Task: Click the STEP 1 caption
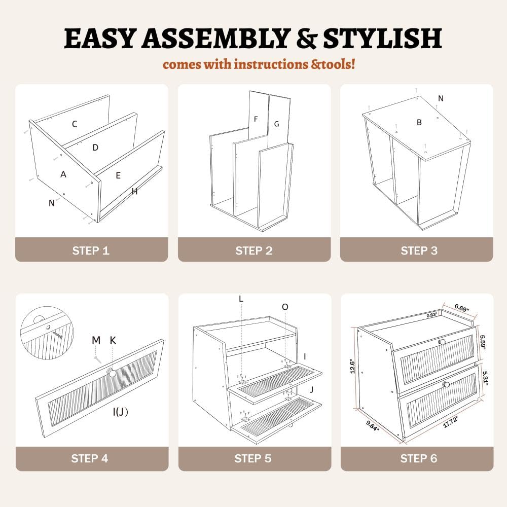[91, 250]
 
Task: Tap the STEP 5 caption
[253, 458]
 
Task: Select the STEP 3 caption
[419, 250]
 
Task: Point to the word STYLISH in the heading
[382, 38]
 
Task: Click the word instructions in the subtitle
[271, 64]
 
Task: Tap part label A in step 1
[63, 174]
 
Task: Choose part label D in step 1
[95, 148]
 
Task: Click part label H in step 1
[134, 192]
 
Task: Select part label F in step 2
[256, 119]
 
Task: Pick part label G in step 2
[276, 124]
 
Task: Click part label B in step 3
[419, 122]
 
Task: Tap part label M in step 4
[96, 340]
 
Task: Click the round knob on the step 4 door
[112, 373]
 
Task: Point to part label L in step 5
[241, 299]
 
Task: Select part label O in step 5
[285, 307]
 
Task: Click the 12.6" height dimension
[353, 367]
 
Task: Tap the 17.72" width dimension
[450, 421]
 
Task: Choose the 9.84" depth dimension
[373, 425]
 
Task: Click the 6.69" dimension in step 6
[462, 308]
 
